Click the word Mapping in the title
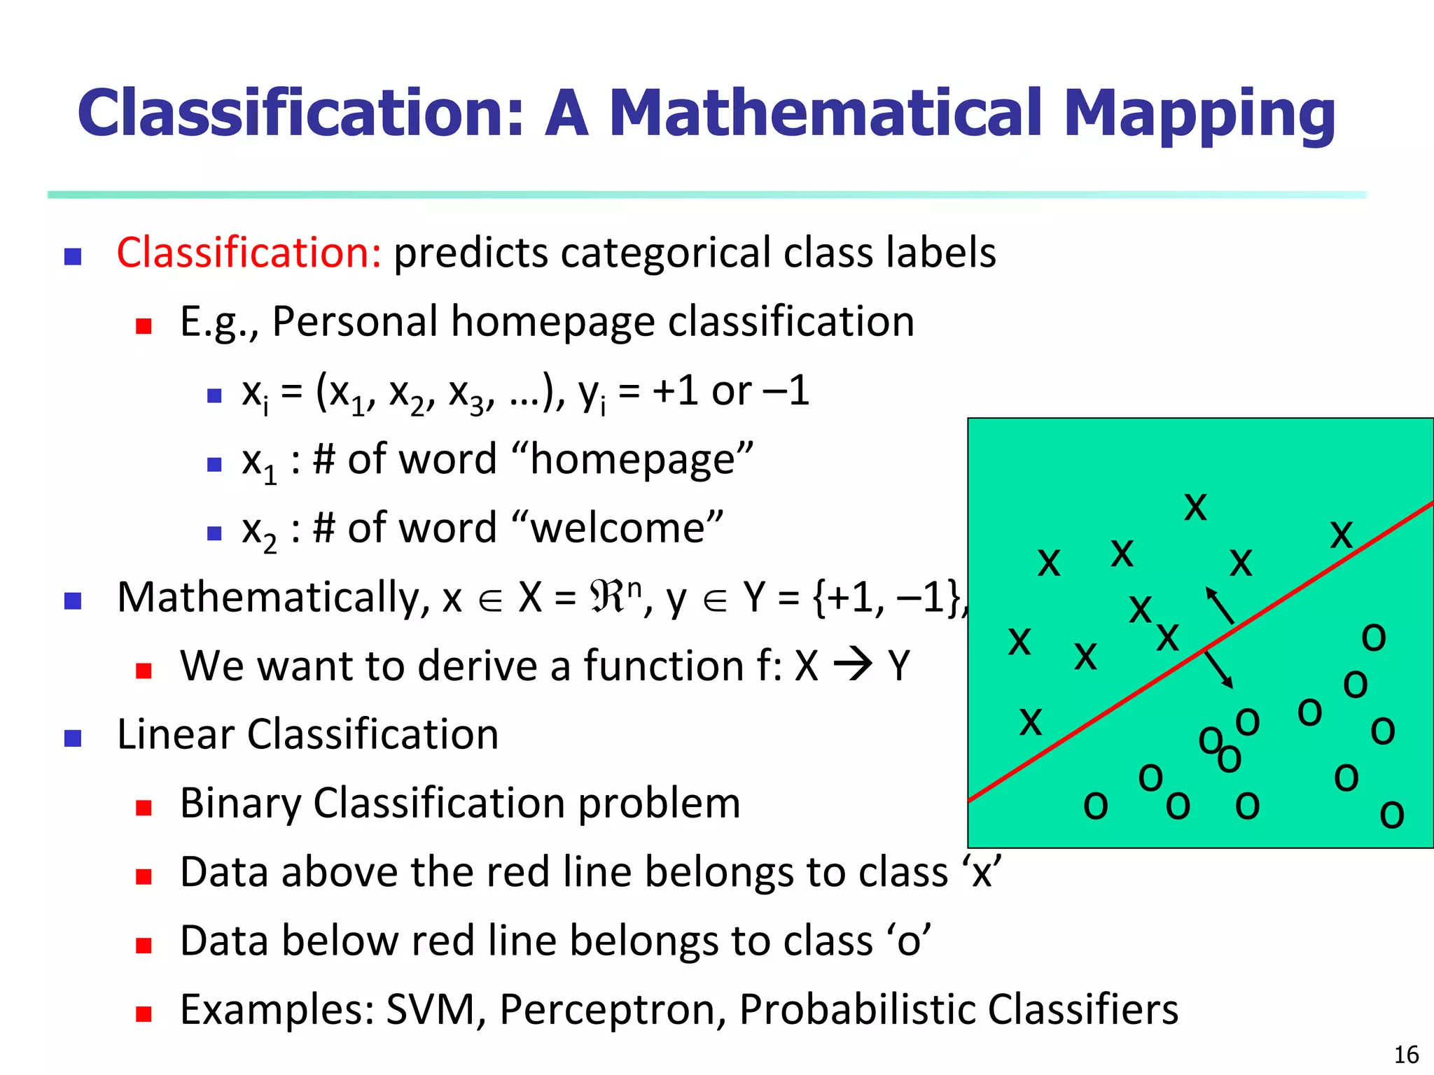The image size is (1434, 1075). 1199,114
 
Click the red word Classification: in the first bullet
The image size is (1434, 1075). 249,253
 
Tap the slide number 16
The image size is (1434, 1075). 1406,1055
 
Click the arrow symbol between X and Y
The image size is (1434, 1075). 853,665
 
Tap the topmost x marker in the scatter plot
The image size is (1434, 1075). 1195,507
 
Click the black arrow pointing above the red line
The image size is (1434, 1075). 1219,605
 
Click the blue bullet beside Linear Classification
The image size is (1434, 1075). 73,738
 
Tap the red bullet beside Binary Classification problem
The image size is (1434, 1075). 144,808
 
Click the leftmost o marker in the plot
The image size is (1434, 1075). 1095,806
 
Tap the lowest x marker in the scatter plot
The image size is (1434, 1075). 1030,722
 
